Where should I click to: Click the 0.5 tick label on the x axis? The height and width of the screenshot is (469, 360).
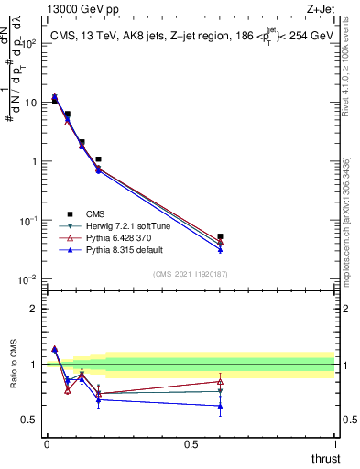191,444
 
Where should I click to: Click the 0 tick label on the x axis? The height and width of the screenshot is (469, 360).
47,444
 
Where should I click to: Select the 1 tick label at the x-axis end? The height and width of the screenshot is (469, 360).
335,444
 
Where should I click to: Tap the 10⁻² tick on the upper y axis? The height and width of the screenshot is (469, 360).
27,279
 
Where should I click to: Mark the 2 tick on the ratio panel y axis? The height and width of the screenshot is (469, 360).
35,309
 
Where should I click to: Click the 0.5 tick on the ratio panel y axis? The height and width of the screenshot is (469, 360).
30,420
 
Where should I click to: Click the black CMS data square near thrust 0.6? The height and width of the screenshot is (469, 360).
220,236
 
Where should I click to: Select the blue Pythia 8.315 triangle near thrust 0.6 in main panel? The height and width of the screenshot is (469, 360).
220,249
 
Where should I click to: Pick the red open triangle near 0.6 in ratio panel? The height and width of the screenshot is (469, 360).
220,381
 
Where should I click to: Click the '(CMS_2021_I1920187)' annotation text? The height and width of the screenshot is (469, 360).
191,274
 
